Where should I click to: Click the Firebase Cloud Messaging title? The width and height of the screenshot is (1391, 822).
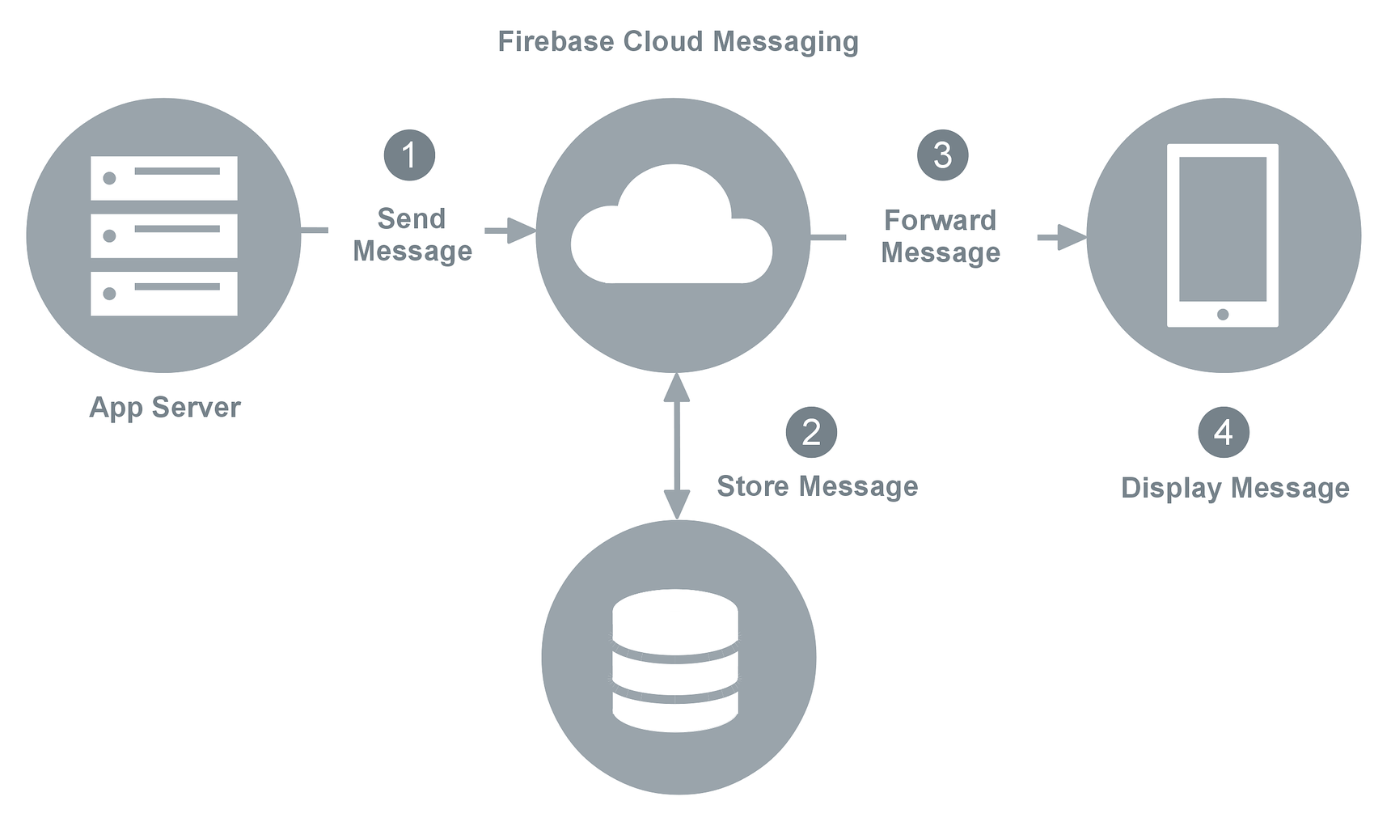678,42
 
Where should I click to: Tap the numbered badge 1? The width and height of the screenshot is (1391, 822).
409,155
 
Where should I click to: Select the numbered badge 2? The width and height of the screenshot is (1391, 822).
811,432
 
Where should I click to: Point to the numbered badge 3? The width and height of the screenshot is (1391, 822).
942,155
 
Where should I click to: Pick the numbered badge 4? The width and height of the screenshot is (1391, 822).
1223,432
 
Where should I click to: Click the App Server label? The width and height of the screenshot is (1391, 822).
165,407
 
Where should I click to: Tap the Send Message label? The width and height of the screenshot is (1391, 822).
412,235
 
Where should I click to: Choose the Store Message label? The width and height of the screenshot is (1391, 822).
817,486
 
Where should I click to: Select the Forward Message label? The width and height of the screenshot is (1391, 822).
941,236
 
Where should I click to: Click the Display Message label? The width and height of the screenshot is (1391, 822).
1235,488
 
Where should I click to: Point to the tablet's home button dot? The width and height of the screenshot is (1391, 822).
1223,314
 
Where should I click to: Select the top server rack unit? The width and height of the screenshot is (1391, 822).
164,178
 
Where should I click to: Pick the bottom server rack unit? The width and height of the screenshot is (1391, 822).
164,293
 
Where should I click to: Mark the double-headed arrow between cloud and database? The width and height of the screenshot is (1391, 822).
676,445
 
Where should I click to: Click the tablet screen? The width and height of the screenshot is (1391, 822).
1223,228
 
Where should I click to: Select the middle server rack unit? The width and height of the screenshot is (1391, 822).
164,235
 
